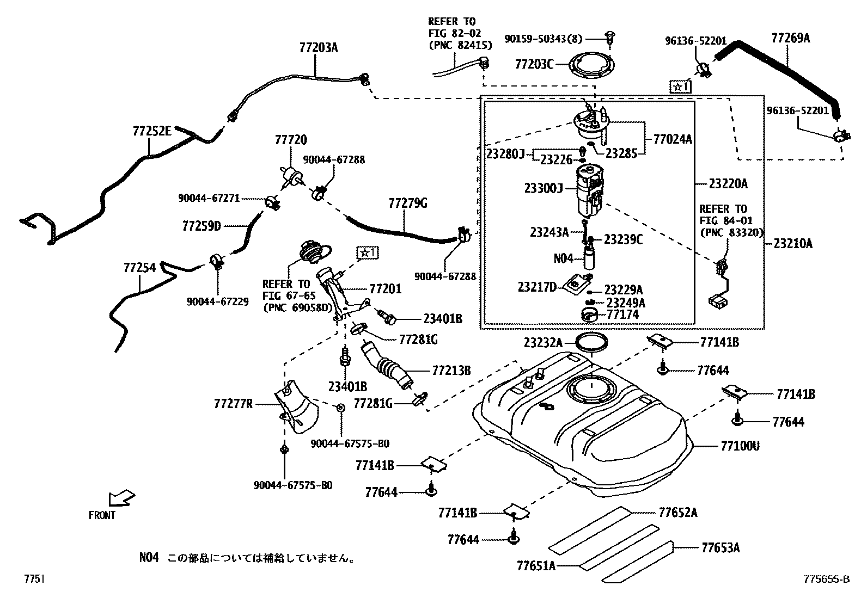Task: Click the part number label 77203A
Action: point(318,47)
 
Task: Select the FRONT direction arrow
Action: point(121,498)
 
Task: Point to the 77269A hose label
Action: point(790,38)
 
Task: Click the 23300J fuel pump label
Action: point(543,188)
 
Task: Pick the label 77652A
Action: point(677,513)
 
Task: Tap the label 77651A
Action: point(536,566)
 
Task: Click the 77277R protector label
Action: point(233,404)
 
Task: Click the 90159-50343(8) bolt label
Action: point(543,39)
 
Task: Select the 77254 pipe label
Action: point(139,267)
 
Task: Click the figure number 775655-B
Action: point(826,579)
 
